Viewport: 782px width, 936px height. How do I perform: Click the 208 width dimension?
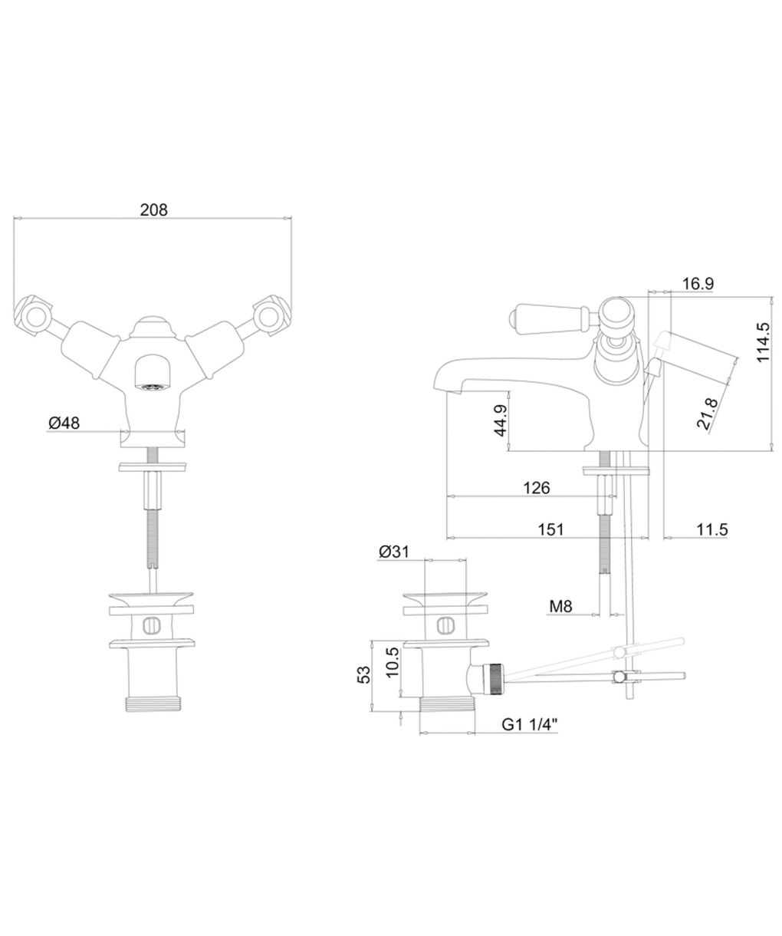pyautogui.click(x=153, y=209)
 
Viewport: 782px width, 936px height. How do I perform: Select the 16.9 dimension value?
pyautogui.click(x=698, y=284)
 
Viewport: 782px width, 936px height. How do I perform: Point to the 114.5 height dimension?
pyautogui.click(x=763, y=342)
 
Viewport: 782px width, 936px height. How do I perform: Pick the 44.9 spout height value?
pyautogui.click(x=501, y=420)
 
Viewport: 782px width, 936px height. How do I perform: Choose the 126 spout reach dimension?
pyautogui.click(x=537, y=488)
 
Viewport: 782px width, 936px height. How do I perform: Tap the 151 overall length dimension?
pyautogui.click(x=550, y=529)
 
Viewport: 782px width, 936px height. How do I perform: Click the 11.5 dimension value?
pyautogui.click(x=712, y=529)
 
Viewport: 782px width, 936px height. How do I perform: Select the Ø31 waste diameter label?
pyautogui.click(x=394, y=552)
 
